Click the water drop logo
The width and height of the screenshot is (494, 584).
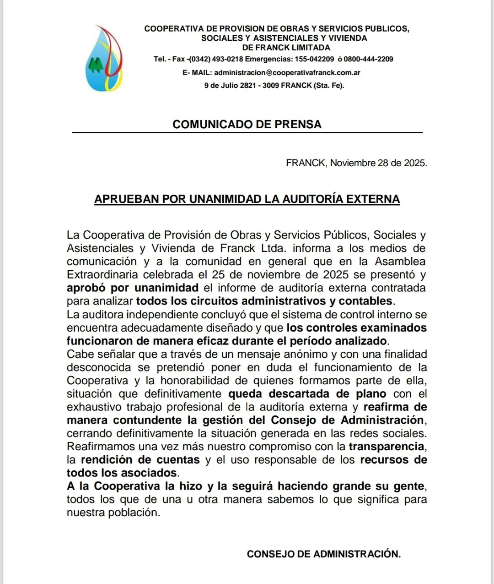[103, 59]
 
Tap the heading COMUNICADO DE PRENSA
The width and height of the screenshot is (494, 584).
[247, 124]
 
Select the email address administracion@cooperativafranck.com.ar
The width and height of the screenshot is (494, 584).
[287, 72]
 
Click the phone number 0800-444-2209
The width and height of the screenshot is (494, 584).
[369, 59]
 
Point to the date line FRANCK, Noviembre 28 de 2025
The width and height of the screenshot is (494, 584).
[356, 163]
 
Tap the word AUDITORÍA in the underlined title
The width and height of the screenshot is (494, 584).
[312, 199]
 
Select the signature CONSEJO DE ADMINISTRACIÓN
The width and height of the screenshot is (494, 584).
[323, 554]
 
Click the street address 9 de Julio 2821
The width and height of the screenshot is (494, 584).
[230, 85]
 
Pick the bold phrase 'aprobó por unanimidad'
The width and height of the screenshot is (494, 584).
[132, 288]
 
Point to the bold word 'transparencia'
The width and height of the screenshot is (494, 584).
[387, 447]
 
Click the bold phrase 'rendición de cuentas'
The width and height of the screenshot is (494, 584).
[140, 460]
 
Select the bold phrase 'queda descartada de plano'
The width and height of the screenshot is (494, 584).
[307, 394]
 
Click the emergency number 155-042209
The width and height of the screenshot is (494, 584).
[314, 59]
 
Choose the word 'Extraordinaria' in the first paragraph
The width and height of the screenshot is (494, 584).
[102, 275]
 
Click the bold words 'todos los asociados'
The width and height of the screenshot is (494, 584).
[122, 473]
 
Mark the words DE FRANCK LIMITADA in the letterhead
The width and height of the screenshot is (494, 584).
[286, 48]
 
